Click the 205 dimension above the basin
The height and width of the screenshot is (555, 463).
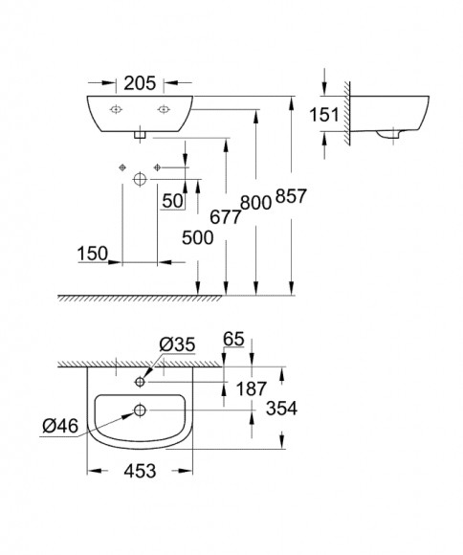[x=139, y=83]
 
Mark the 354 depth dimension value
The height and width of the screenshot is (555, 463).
[x=282, y=409]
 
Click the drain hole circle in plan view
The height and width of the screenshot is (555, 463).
[x=140, y=411]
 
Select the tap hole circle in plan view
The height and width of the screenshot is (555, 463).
[x=140, y=382]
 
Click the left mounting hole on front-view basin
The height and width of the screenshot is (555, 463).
[x=115, y=109]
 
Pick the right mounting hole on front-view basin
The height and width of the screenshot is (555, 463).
[x=164, y=109]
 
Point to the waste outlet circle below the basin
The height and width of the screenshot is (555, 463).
[x=140, y=178]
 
